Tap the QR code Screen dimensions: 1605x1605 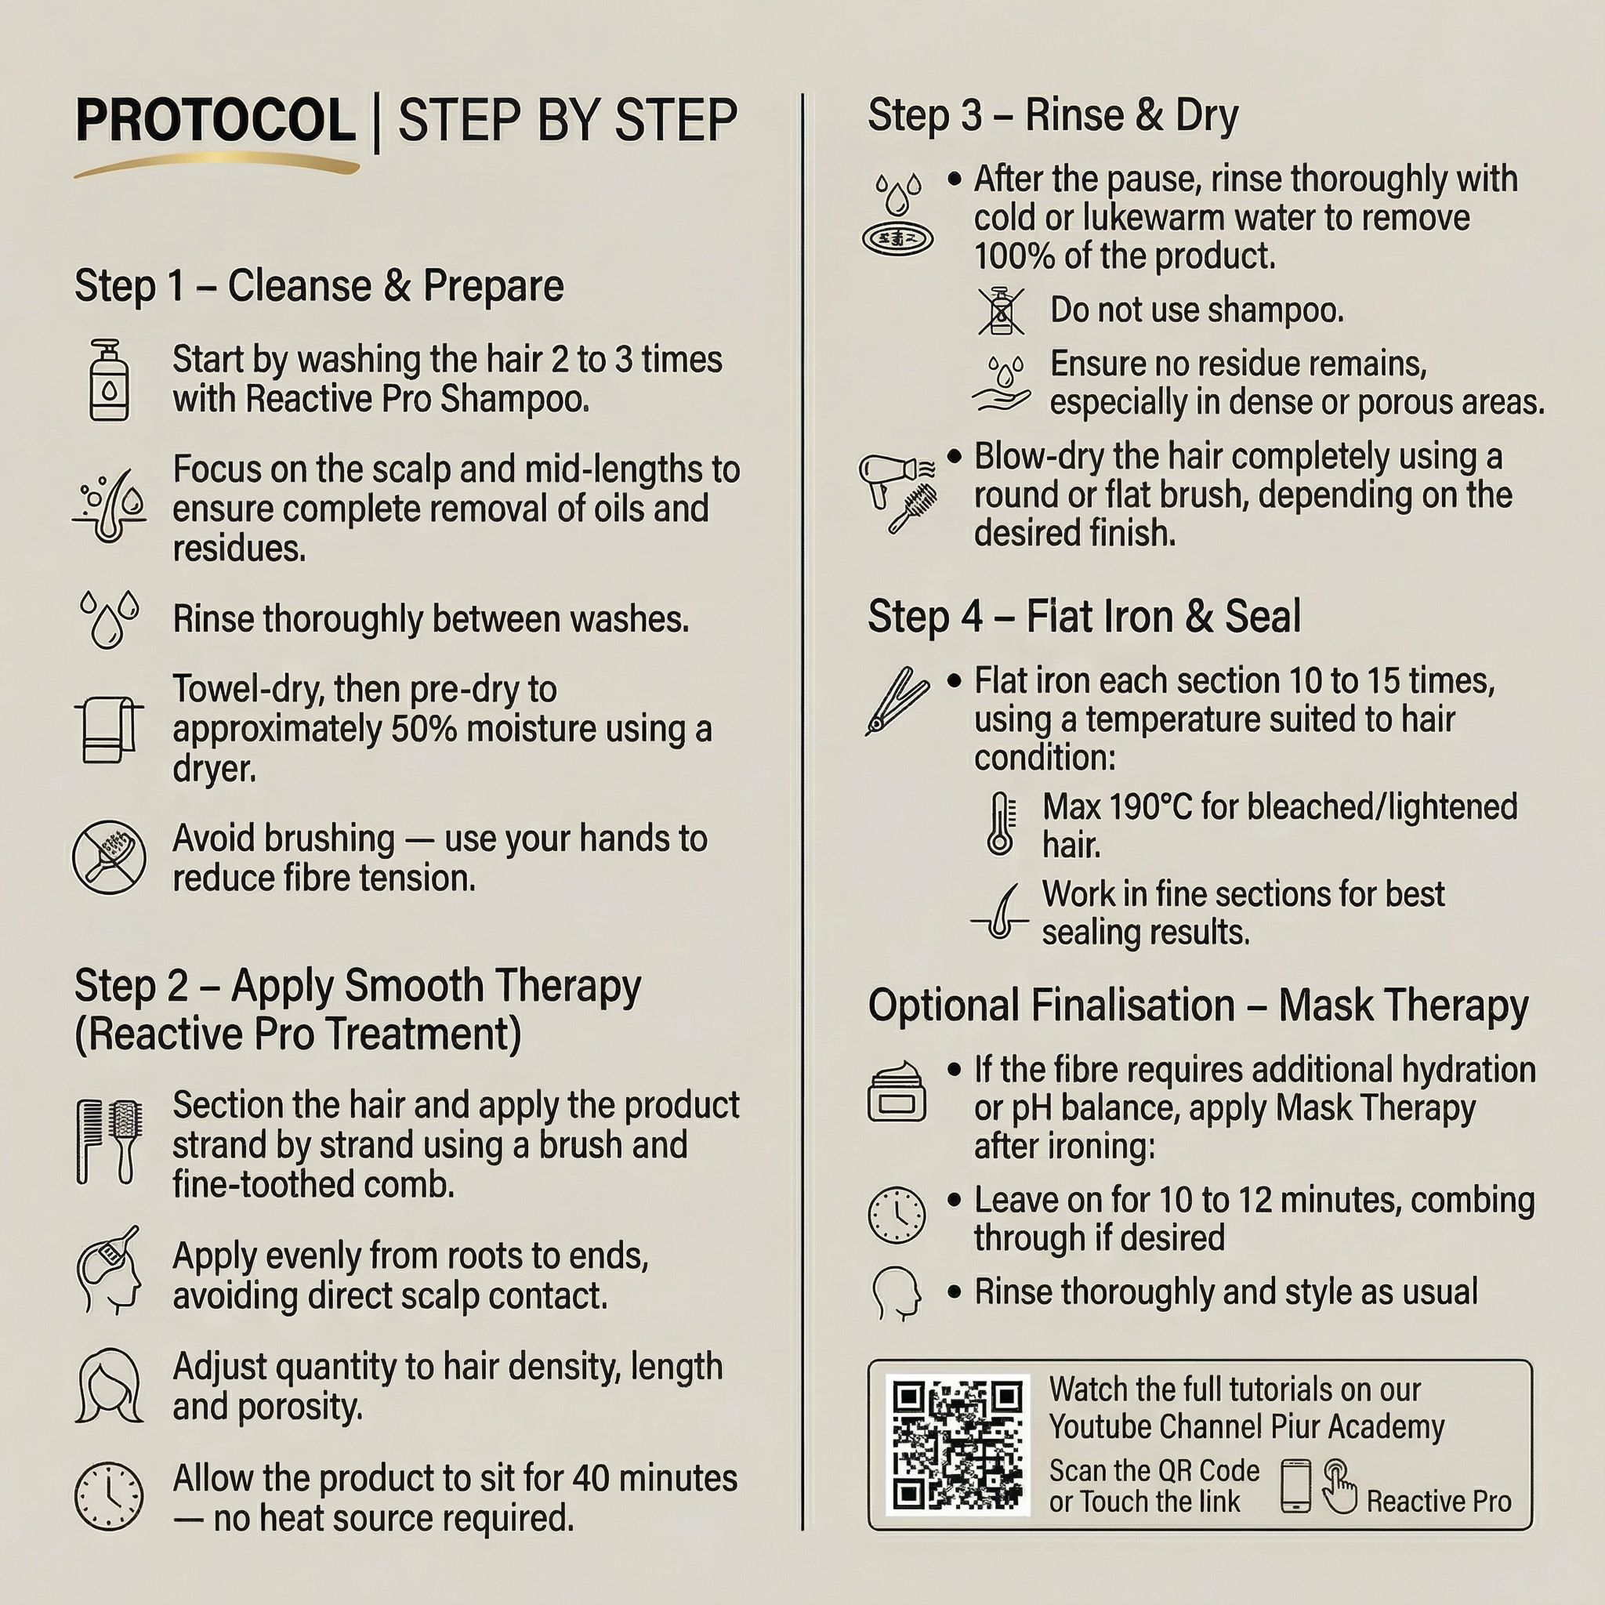pyautogui.click(x=958, y=1444)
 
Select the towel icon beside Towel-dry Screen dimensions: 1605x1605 pyautogui.click(x=109, y=729)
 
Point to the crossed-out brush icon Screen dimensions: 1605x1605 pyautogui.click(x=109, y=857)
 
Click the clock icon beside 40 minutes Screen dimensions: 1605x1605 pyautogui.click(x=109, y=1497)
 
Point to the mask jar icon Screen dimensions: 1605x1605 pyautogui.click(x=897, y=1091)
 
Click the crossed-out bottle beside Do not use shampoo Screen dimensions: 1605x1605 pyautogui.click(x=1001, y=310)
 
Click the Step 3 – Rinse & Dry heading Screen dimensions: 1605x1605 pyautogui.click(x=1052, y=114)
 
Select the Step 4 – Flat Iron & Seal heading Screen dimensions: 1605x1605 pyautogui.click(x=1084, y=617)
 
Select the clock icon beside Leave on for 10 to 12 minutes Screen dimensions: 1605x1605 pyautogui.click(x=897, y=1216)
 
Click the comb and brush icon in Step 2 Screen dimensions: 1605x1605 pyautogui.click(x=109, y=1141)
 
